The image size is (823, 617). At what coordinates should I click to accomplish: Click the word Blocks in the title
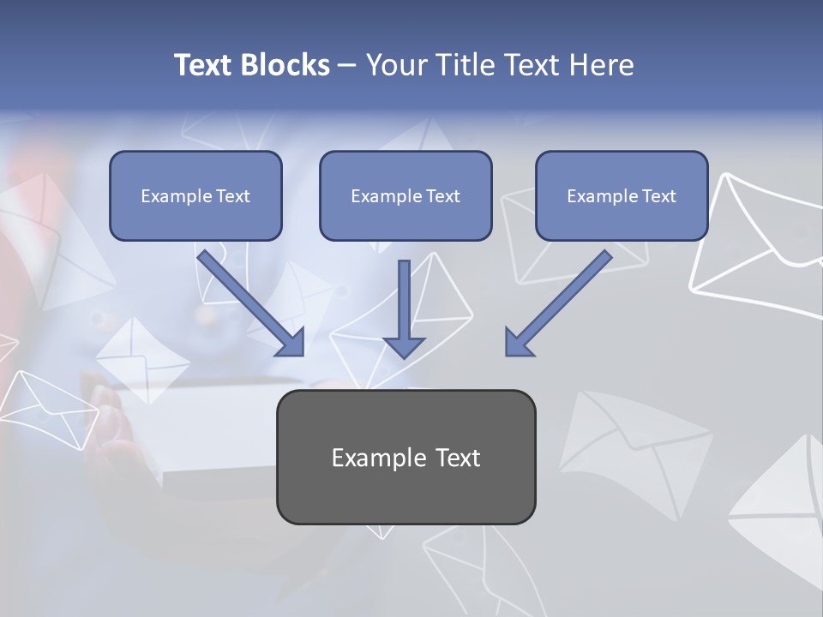click(285, 65)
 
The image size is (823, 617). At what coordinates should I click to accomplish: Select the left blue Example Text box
click(195, 195)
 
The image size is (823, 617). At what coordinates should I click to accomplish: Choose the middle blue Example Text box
click(405, 195)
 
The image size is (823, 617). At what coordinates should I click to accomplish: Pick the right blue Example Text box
click(622, 195)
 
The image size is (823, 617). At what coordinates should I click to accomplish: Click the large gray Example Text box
click(405, 457)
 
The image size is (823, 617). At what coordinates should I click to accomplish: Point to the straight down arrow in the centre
click(405, 300)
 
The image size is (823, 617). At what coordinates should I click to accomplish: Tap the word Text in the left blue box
click(233, 195)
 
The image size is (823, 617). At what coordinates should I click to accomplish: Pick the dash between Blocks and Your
click(347, 65)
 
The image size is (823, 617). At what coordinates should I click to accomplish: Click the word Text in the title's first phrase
click(205, 65)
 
